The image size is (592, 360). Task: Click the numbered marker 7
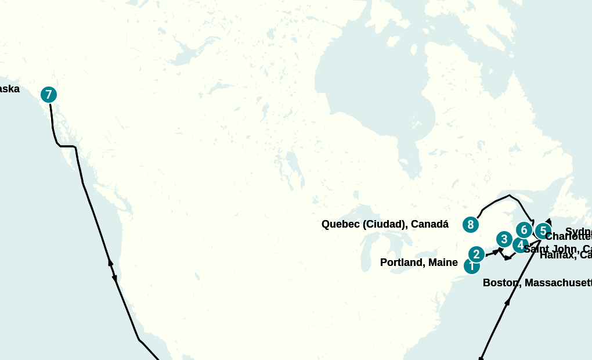(x=49, y=95)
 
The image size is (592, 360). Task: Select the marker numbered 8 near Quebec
(x=471, y=224)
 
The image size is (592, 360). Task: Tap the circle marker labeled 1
(x=472, y=267)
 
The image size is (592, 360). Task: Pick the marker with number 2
(x=477, y=254)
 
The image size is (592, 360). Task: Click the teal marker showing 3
(x=504, y=239)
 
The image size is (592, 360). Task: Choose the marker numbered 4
(x=520, y=245)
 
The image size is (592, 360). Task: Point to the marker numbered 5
(x=543, y=231)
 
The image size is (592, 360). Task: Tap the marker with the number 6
(x=524, y=230)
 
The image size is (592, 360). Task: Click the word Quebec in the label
(x=341, y=224)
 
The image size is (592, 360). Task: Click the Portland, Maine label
(x=418, y=262)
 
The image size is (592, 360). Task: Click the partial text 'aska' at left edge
(x=9, y=89)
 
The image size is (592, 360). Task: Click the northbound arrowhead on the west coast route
(x=110, y=262)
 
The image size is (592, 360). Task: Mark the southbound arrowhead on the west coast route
(x=114, y=278)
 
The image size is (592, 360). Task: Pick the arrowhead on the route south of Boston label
(x=508, y=301)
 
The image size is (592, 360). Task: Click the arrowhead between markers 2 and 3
(x=496, y=251)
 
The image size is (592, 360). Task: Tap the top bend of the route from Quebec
(x=509, y=196)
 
